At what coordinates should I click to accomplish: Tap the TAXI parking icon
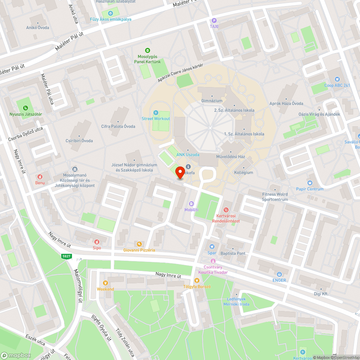click(214, 21)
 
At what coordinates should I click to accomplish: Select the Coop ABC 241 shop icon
click(337, 79)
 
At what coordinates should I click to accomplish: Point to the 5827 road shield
click(67, 256)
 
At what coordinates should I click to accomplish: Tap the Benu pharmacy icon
click(40, 176)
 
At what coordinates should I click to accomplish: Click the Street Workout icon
click(156, 113)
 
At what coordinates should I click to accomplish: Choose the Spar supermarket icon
click(212, 247)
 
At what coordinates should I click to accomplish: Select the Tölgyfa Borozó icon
click(197, 280)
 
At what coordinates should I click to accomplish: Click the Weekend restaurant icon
click(105, 283)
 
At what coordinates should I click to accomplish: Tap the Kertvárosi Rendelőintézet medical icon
click(226, 210)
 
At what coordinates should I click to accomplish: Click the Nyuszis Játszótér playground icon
click(25, 108)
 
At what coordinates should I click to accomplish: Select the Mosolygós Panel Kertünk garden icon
click(147, 50)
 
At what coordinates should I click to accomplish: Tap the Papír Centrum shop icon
click(310, 183)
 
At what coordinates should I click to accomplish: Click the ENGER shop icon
click(279, 274)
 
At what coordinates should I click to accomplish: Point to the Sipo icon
click(96, 242)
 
